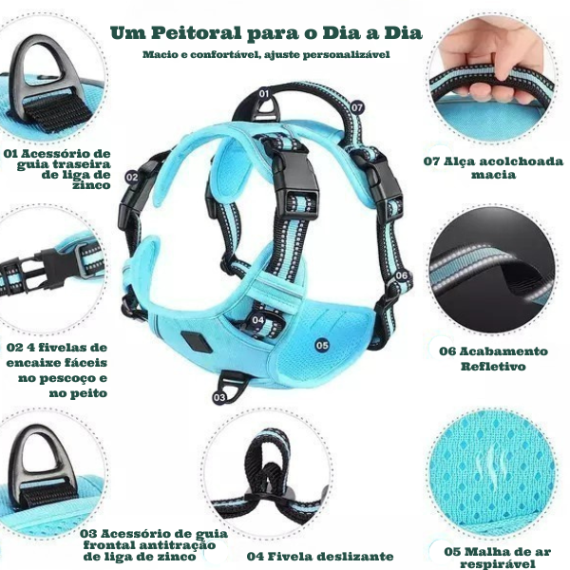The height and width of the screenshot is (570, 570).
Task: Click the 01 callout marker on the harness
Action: click(264, 94)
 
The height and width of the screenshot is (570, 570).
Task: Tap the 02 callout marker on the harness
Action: click(132, 177)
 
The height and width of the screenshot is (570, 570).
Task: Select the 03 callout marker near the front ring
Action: click(219, 397)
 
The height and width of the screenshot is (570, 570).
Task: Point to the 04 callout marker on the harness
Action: click(258, 320)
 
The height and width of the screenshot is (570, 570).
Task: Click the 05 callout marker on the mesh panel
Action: click(322, 345)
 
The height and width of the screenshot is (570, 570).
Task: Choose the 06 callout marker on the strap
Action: click(401, 275)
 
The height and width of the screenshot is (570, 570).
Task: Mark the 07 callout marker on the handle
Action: click(357, 107)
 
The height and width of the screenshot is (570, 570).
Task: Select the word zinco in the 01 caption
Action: click(91, 185)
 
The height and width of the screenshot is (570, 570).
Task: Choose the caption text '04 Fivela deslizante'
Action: click(320, 557)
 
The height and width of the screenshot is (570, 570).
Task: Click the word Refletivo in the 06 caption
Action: click(493, 366)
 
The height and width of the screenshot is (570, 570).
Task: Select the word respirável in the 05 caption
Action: click(497, 563)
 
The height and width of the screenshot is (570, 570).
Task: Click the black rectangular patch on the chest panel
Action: click(195, 342)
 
